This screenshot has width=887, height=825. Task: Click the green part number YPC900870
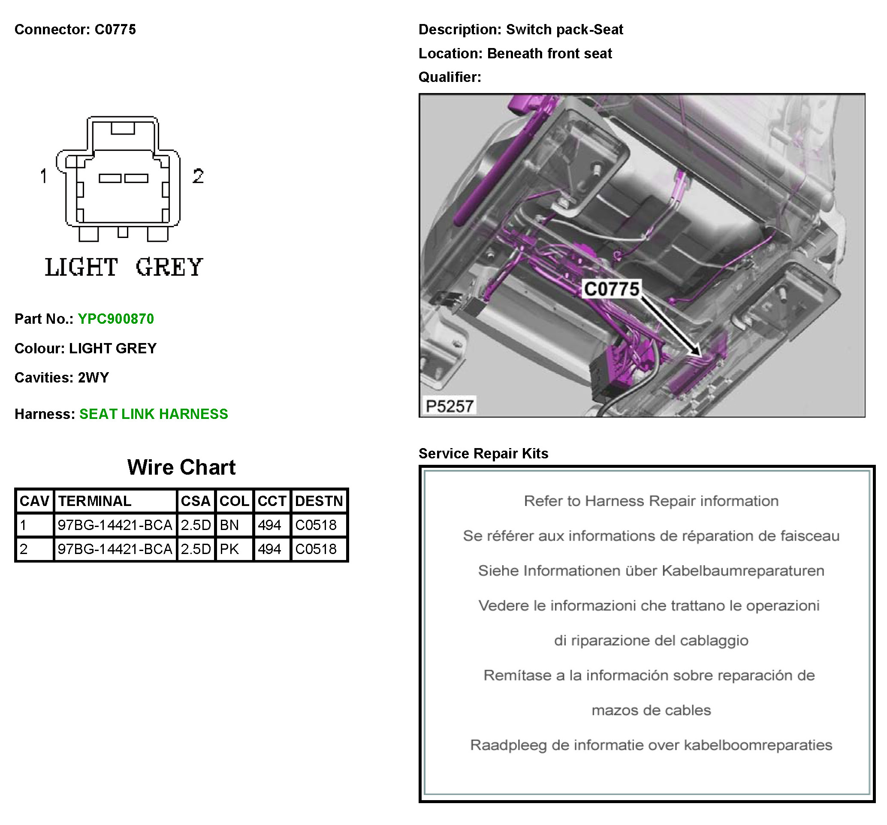115,319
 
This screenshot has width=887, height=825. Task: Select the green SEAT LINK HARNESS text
154,414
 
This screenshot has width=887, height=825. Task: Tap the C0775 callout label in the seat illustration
612,289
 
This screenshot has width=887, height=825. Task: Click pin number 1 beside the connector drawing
44,176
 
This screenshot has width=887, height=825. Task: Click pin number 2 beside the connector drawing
198,176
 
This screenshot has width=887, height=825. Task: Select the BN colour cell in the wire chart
230,525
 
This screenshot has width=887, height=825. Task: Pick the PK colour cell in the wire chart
230,549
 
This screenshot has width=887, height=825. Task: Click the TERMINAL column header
95,501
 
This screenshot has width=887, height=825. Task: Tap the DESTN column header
319,501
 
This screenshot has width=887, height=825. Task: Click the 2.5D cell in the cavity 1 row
196,525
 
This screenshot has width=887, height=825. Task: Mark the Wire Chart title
181,467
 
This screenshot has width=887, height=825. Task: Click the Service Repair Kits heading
483,453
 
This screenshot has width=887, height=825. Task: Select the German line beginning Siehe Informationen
651,571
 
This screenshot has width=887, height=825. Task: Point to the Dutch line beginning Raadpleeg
651,745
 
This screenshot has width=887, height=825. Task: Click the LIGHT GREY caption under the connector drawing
124,267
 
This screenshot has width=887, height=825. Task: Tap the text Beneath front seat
549,54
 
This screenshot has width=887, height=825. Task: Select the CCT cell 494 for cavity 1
269,525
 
